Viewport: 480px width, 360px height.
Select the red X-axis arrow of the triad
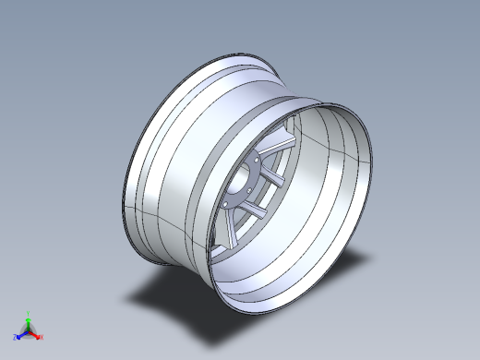(37, 335)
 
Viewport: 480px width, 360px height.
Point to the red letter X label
(42, 338)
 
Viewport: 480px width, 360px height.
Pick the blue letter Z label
(15, 338)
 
